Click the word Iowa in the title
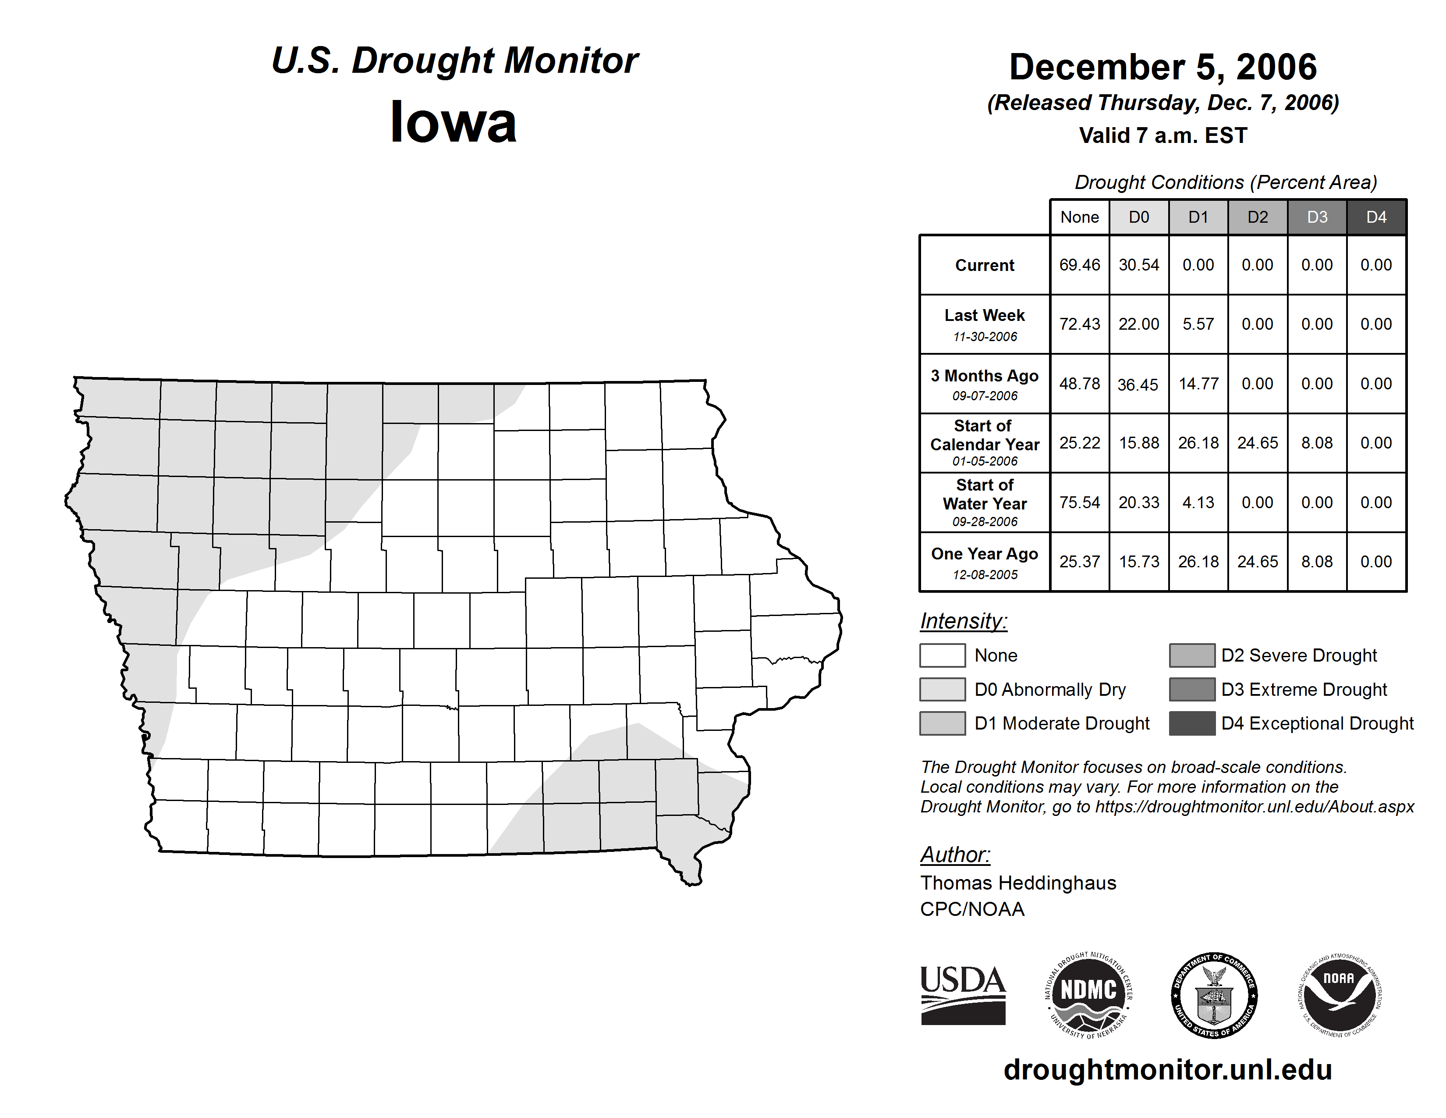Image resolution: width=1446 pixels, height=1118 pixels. pyautogui.click(x=453, y=122)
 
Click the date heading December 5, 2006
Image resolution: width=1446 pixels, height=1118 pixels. pyautogui.click(x=1162, y=67)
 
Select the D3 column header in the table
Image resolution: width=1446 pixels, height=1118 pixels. pyautogui.click(x=1317, y=217)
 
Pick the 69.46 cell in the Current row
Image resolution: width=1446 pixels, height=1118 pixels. pyautogui.click(x=1079, y=265)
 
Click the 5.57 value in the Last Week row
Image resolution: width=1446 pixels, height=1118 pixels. pyautogui.click(x=1198, y=324)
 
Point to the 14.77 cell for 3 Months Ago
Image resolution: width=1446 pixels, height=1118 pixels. pyautogui.click(x=1198, y=384)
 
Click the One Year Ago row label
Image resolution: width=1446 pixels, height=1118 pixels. pyautogui.click(x=985, y=554)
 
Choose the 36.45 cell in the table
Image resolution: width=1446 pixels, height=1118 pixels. pyautogui.click(x=1138, y=384)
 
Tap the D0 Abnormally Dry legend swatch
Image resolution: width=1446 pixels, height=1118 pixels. pyautogui.click(x=942, y=689)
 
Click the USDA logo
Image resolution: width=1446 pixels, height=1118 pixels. pyautogui.click(x=963, y=995)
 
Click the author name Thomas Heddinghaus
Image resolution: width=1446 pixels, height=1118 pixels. pyautogui.click(x=1017, y=883)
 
